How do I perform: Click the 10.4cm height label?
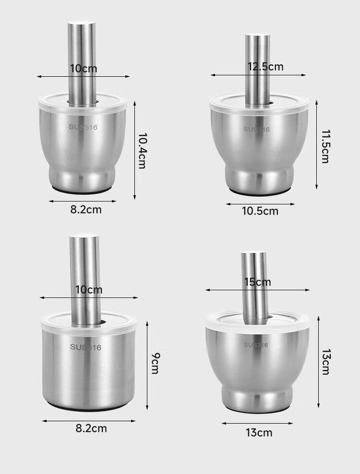pos(142,151)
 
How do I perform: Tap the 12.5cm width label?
pos(265,67)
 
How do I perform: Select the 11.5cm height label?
pos(325,146)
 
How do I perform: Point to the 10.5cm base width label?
pos(260,211)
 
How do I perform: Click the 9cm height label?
pos(155,363)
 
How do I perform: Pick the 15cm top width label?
pos(258,282)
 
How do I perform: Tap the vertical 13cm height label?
pos(325,362)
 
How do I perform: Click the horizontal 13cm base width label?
pos(259,433)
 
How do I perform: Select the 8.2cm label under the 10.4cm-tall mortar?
pos(86,210)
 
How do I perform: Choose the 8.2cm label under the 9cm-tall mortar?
pos(91,428)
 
